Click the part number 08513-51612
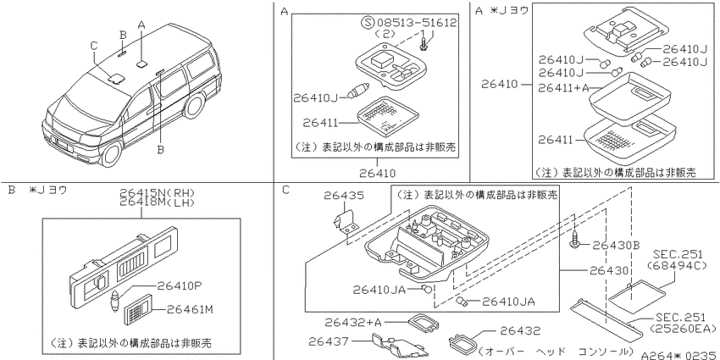pyautogui.click(x=417, y=22)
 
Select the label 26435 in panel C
pyautogui.click(x=344, y=196)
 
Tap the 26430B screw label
pyautogui.click(x=616, y=246)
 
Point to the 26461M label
pyautogui.click(x=189, y=310)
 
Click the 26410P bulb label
pyautogui.click(x=180, y=285)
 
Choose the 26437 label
pyautogui.click(x=329, y=341)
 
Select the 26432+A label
pyautogui.click(x=353, y=323)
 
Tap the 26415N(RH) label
pyautogui.click(x=158, y=193)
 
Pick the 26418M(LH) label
pyautogui.click(x=158, y=202)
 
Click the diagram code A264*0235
pyautogui.click(x=679, y=355)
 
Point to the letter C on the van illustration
pyautogui.click(x=94, y=46)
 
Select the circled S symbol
pyautogui.click(x=368, y=22)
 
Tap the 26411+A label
pyautogui.click(x=563, y=88)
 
